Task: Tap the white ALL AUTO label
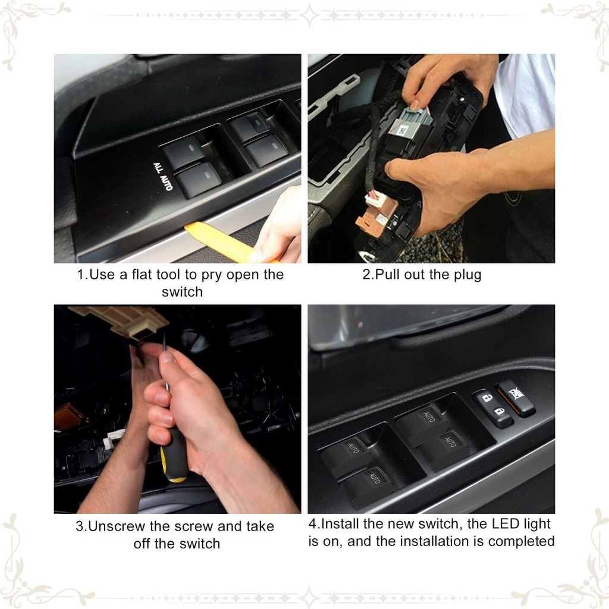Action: [x=163, y=177]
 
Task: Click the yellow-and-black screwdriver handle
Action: [x=174, y=455]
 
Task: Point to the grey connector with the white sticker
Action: [x=410, y=121]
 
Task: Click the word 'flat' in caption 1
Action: [x=142, y=274]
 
